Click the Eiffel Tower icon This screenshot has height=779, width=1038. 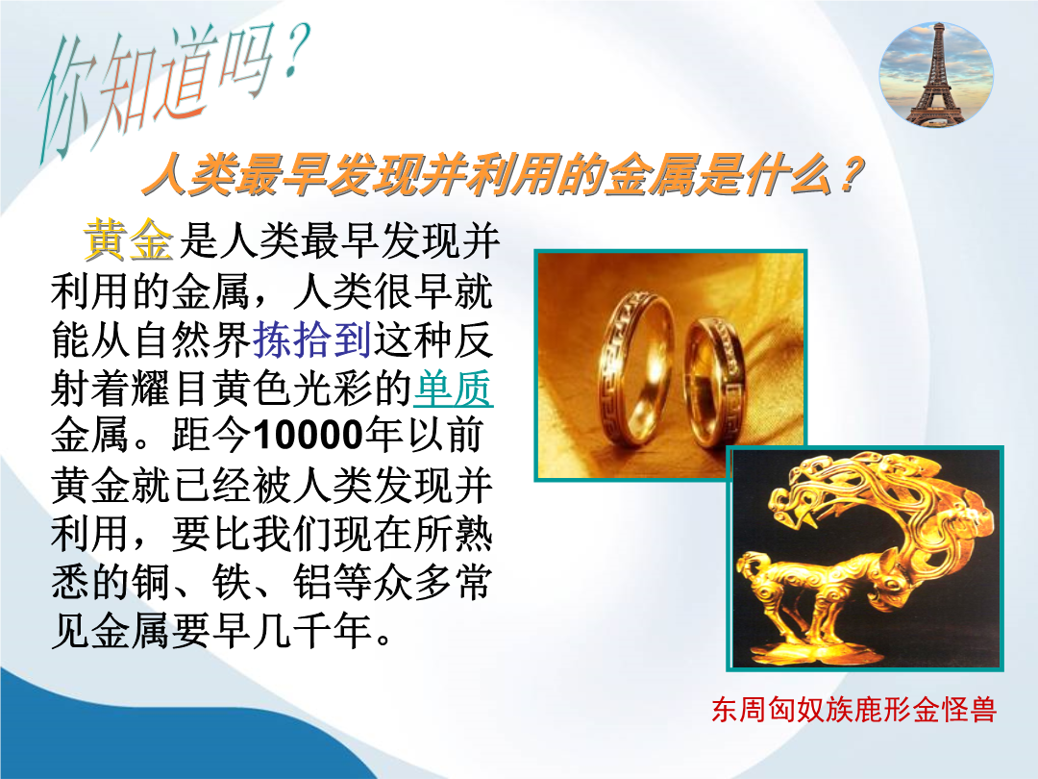936,75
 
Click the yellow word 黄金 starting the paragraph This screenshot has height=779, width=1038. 129,239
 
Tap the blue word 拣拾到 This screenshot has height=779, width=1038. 311,339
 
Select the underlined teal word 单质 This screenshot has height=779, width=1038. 454,388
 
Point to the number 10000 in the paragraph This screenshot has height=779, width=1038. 308,436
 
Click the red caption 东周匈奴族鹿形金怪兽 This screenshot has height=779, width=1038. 854,710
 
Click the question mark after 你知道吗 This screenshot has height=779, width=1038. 295,53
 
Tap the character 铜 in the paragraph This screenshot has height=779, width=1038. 151,582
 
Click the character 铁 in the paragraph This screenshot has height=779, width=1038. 232,582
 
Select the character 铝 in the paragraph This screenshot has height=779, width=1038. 312,582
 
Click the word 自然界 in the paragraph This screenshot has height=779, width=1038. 191,339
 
